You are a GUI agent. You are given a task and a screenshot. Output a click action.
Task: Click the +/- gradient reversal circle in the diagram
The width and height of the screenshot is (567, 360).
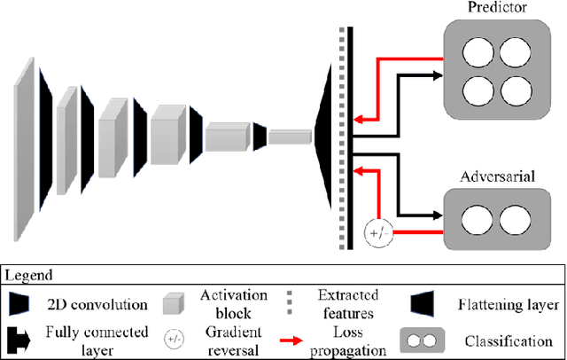[x=377, y=234]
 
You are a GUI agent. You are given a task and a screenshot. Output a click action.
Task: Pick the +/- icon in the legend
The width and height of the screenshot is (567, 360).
[x=175, y=339]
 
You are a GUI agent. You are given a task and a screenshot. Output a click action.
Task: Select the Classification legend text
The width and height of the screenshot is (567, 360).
[x=514, y=340]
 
